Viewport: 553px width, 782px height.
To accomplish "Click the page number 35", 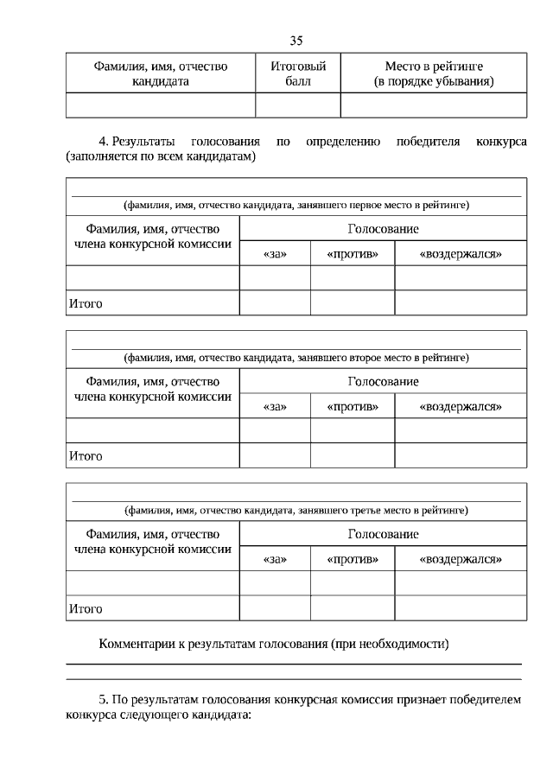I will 296,41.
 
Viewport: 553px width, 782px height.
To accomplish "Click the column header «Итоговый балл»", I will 298,73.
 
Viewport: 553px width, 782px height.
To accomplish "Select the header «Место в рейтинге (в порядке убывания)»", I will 433,73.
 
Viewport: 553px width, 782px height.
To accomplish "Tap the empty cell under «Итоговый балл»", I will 298,105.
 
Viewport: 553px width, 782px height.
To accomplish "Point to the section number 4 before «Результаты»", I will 104,141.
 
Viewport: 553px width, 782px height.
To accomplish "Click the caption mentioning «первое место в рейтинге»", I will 296,206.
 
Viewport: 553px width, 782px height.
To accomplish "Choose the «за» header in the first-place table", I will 274,254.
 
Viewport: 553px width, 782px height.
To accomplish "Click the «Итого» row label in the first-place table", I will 85,303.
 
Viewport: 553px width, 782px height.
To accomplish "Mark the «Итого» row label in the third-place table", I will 85,609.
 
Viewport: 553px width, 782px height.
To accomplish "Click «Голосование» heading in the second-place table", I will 383,381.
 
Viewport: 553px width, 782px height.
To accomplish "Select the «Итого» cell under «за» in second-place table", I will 274,455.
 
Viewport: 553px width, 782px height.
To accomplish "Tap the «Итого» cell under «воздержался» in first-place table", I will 460,303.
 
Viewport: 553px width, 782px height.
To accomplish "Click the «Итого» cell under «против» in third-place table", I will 353,609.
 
